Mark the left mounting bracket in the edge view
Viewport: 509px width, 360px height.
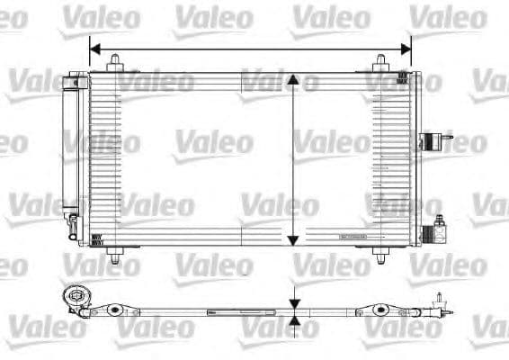(x=112, y=310)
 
